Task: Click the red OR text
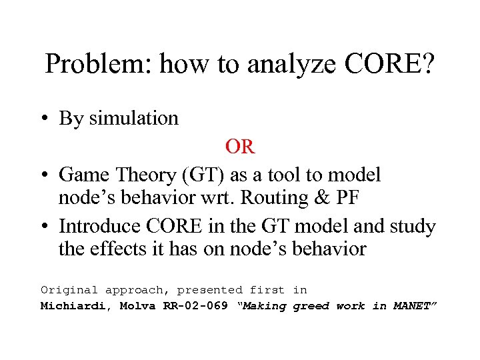[x=240, y=147]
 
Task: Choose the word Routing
[x=272, y=198]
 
